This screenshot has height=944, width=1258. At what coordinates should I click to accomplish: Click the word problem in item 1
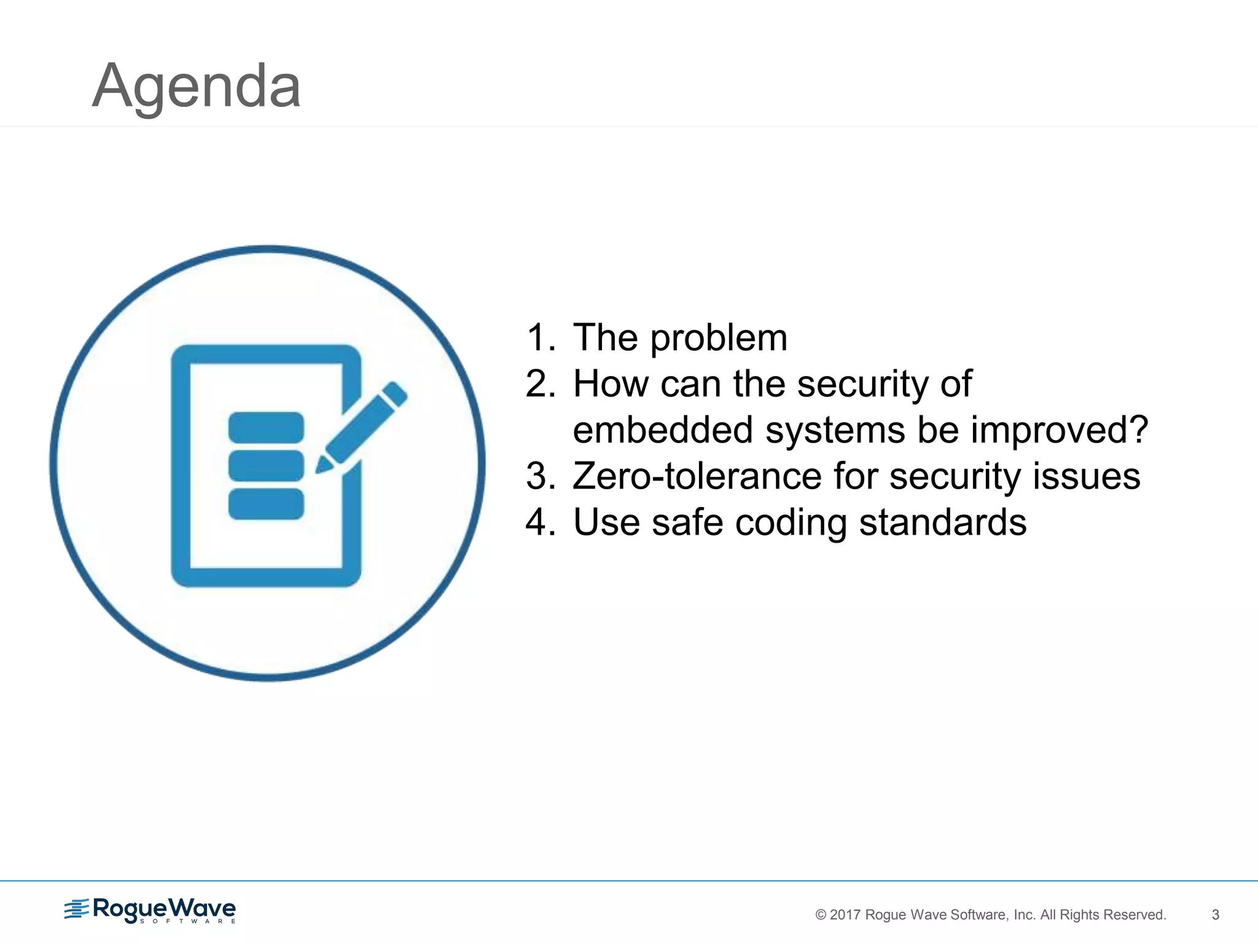[718, 339]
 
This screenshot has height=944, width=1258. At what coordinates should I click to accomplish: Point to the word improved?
[1059, 430]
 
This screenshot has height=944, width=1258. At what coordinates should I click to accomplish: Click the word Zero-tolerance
[697, 476]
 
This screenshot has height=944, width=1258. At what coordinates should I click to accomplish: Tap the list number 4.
[538, 522]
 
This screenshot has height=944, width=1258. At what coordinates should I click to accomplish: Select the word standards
[942, 522]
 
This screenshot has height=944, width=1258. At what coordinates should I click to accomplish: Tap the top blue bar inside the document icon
[266, 427]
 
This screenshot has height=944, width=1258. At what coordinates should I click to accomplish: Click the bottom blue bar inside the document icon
[266, 504]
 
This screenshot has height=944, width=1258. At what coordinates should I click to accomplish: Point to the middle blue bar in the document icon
[266, 465]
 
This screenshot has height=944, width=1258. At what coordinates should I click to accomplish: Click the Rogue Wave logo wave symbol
[77, 908]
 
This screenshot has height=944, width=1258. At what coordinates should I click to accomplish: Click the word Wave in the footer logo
[202, 908]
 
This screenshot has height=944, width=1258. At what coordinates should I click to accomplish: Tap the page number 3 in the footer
[1215, 914]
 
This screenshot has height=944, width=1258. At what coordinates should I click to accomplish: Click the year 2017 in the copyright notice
[845, 915]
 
